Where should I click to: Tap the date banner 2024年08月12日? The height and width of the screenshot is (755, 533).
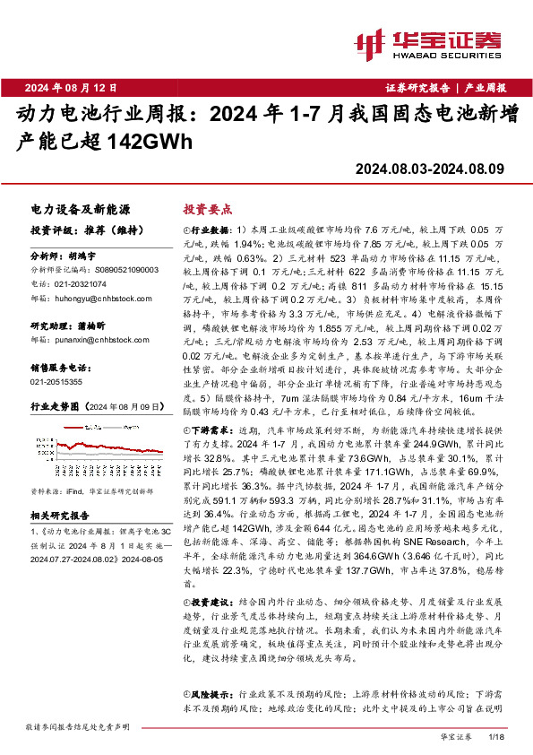72,88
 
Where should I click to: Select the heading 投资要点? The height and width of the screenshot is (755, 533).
203,207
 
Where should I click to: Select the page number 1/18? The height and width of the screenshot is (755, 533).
499,736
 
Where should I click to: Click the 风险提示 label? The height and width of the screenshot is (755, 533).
212,694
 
